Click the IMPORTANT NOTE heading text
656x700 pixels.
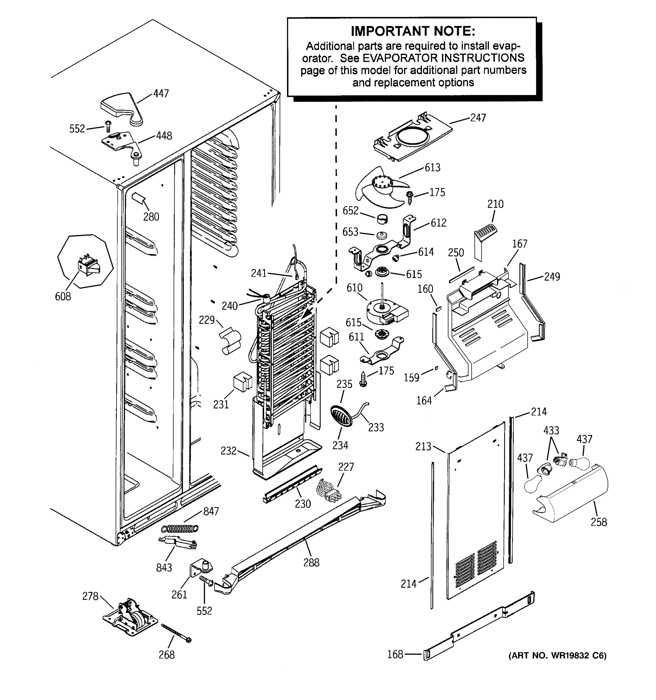click(x=413, y=31)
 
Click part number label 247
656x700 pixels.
click(x=478, y=118)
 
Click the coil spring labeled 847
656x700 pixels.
click(x=180, y=528)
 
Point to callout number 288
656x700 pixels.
click(x=311, y=563)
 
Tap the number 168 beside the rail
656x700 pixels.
click(x=395, y=654)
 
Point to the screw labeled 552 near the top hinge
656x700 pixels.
click(x=108, y=126)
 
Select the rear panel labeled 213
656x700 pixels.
click(x=475, y=511)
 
